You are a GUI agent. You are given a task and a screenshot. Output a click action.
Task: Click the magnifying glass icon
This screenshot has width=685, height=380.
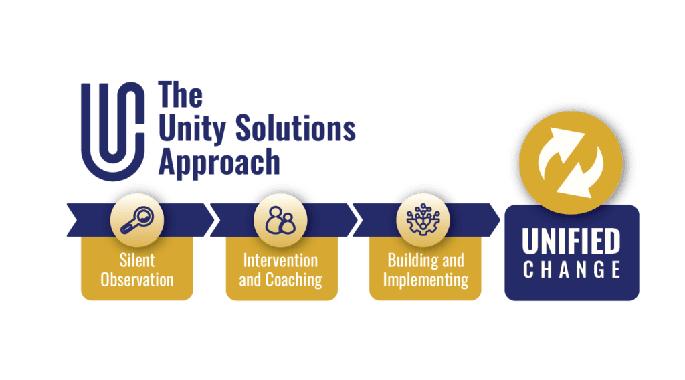coord(137,219)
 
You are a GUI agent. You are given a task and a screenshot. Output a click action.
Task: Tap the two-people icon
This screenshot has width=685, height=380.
coord(280,219)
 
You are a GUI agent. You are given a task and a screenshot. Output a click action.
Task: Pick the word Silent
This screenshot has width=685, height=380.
coord(137,260)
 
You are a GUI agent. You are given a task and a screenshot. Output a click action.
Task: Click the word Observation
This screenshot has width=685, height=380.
coord(137,278)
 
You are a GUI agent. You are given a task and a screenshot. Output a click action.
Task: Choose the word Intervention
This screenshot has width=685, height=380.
coord(280,260)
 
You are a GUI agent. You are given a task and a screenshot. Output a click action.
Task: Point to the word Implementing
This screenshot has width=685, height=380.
coord(426,279)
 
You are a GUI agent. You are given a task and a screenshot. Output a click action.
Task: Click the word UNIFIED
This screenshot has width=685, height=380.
coord(571,242)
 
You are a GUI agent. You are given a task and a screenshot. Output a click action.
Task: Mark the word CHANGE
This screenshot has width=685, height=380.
coord(571,270)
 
